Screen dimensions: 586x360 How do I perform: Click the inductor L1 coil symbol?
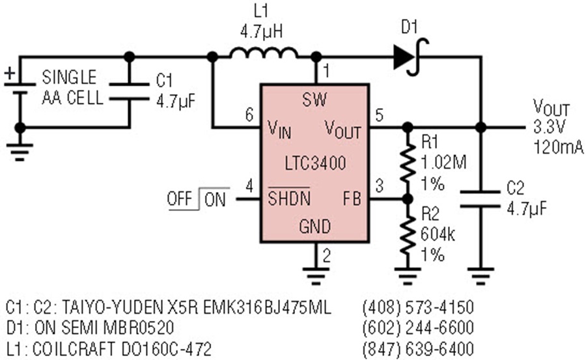pyautogui.click(x=264, y=53)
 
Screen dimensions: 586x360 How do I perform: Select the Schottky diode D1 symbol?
pyautogui.click(x=410, y=57)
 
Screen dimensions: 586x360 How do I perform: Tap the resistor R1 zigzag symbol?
pyautogui.click(x=408, y=163)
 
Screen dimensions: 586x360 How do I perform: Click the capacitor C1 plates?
pyautogui.click(x=130, y=92)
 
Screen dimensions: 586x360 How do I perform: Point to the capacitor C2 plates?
pyautogui.click(x=481, y=199)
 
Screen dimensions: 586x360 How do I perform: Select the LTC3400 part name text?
pyautogui.click(x=315, y=163)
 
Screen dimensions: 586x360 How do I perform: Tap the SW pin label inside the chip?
pyautogui.click(x=314, y=100)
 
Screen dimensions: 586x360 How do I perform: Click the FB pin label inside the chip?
pyautogui.click(x=352, y=199)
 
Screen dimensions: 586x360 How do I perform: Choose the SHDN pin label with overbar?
pyautogui.click(x=289, y=197)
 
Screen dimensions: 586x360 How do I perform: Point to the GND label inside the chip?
pyautogui.click(x=314, y=227)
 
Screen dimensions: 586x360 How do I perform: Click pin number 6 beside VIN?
pyautogui.click(x=249, y=115)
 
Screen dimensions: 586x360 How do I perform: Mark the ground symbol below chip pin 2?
pyautogui.click(x=315, y=276)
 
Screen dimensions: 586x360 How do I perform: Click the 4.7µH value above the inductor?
pyautogui.click(x=261, y=33)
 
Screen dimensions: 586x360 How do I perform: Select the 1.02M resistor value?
pyautogui.click(x=443, y=163)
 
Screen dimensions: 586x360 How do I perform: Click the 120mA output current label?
pyautogui.click(x=559, y=147)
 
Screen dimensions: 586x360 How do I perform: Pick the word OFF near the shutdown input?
pyautogui.click(x=180, y=199)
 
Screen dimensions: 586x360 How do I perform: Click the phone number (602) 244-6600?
pyautogui.click(x=418, y=328)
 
